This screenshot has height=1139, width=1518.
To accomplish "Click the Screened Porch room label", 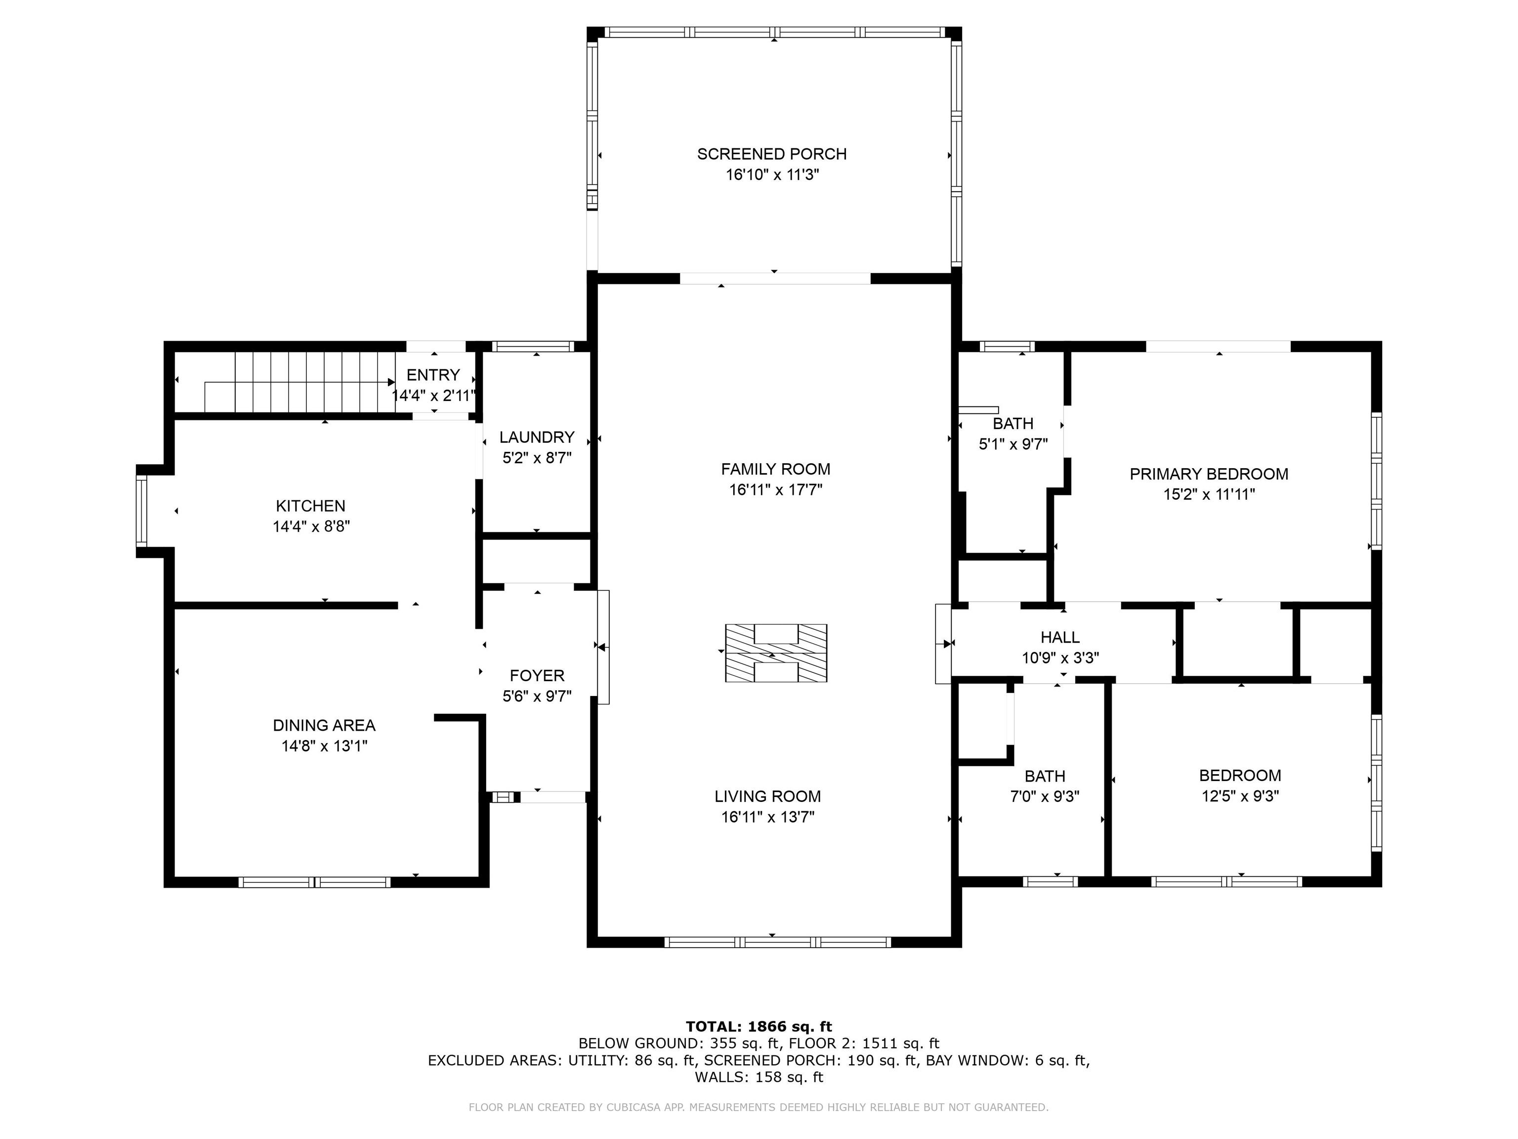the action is pyautogui.click(x=772, y=154).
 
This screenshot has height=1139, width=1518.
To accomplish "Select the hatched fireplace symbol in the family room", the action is pyautogui.click(x=776, y=653).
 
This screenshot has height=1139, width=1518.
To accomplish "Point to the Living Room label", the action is pyautogui.click(x=768, y=796).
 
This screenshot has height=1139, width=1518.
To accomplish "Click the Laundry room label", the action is pyautogui.click(x=537, y=438).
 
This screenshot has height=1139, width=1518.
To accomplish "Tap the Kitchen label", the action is pyautogui.click(x=310, y=506).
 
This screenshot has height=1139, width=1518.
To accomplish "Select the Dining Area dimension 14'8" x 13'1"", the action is pyautogui.click(x=325, y=746).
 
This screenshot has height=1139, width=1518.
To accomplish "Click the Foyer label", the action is pyautogui.click(x=537, y=676).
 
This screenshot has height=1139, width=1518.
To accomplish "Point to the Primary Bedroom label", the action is pyautogui.click(x=1209, y=474).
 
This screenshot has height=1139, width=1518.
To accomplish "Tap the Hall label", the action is pyautogui.click(x=1060, y=637).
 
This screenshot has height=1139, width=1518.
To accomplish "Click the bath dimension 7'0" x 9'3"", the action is pyautogui.click(x=1045, y=796).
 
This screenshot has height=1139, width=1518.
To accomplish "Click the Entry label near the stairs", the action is pyautogui.click(x=433, y=375).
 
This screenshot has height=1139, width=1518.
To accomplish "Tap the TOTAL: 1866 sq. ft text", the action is pyautogui.click(x=759, y=1026).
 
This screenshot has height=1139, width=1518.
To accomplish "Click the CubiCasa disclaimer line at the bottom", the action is pyautogui.click(x=759, y=1107).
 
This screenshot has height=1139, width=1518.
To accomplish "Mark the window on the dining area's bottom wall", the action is pyautogui.click(x=315, y=882).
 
